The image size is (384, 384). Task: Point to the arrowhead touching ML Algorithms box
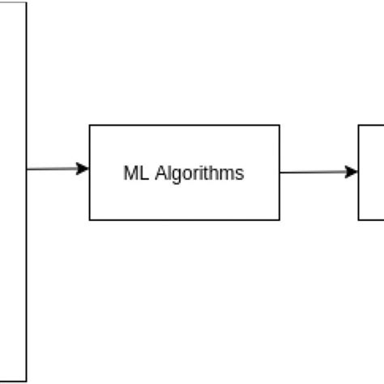tap(83, 169)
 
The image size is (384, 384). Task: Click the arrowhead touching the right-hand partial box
tap(352, 172)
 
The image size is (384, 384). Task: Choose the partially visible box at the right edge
tap(371, 172)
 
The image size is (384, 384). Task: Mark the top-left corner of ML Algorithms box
tap(90, 126)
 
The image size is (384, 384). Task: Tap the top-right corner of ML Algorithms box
tap(279, 126)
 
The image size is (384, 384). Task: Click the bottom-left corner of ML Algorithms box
tap(90, 220)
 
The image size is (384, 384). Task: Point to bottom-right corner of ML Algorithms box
tap(279, 220)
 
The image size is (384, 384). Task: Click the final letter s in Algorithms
tap(240, 174)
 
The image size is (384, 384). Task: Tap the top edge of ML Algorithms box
tap(185, 126)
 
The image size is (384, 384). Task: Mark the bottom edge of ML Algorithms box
tap(185, 220)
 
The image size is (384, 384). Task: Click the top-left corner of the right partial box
tap(359, 126)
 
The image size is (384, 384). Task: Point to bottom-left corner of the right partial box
tap(359, 220)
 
